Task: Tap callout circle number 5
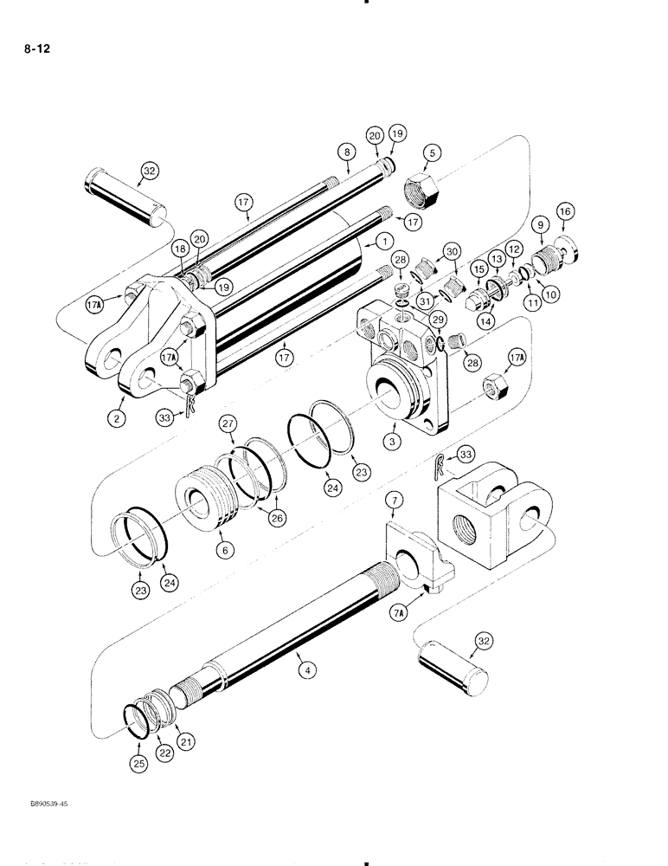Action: (434, 153)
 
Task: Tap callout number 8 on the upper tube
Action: (346, 152)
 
